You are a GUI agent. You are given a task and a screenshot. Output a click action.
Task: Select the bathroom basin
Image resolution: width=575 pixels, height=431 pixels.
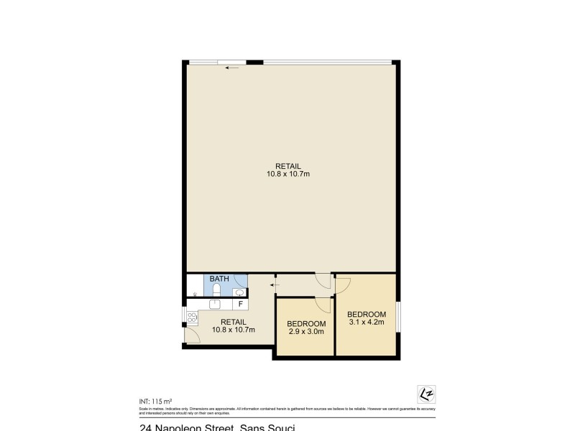[x=239, y=292]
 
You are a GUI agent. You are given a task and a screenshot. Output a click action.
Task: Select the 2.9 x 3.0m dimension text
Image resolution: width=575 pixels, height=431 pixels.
[x=305, y=332]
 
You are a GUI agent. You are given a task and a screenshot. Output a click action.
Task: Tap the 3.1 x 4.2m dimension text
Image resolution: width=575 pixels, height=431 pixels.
[x=367, y=323]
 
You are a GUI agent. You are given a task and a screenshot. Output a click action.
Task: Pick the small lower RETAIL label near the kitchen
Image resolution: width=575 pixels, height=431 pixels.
[x=234, y=322]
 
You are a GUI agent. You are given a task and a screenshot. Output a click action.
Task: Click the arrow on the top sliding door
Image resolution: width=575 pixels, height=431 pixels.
[x=231, y=68]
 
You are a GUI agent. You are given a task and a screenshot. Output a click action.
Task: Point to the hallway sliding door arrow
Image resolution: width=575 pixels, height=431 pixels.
[x=274, y=286]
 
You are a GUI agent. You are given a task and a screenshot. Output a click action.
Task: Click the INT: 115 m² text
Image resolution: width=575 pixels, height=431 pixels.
[x=155, y=401]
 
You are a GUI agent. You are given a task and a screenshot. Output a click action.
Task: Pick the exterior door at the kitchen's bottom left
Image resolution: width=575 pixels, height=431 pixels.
[x=192, y=334]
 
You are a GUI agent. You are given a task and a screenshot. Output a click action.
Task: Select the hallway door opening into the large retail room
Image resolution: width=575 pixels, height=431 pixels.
[x=323, y=281]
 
